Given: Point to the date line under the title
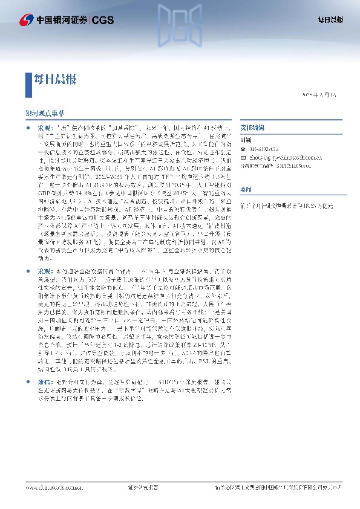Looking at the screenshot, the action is click(322, 96).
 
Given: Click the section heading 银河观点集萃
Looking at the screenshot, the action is click(43, 114).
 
